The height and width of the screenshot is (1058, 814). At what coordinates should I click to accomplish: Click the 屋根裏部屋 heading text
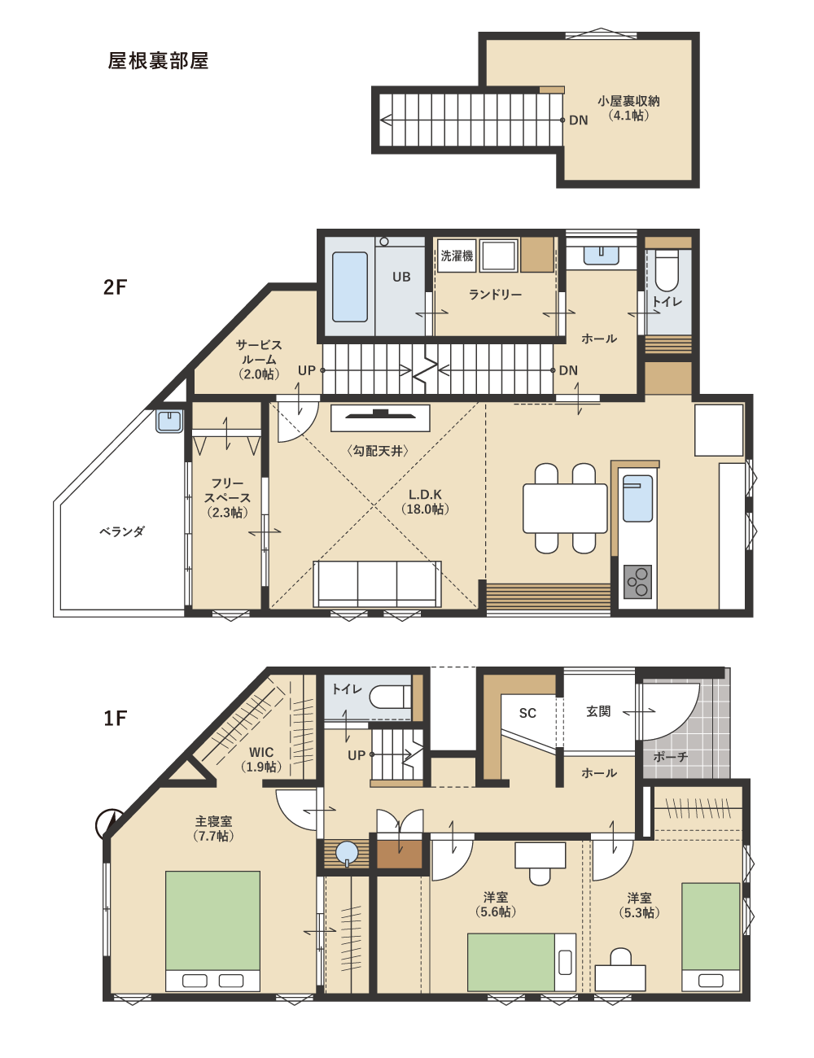[x=158, y=61]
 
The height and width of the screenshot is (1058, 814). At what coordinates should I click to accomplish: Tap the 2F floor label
[x=115, y=287]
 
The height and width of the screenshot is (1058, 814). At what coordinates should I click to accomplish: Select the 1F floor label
[x=116, y=718]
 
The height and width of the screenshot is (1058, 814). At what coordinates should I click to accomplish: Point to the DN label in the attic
[x=579, y=120]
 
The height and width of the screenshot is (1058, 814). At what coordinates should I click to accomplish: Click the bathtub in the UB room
[x=349, y=286]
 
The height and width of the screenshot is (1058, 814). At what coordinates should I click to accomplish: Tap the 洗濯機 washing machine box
[x=457, y=256]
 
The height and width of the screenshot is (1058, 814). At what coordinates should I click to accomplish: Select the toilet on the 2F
[x=667, y=270]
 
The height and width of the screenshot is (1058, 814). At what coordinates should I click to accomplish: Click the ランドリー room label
[x=495, y=295]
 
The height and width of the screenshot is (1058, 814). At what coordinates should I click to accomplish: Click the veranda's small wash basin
[x=169, y=421]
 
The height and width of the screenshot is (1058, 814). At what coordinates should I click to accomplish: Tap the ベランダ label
[x=122, y=531]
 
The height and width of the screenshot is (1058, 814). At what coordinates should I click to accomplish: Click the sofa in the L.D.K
[x=377, y=584]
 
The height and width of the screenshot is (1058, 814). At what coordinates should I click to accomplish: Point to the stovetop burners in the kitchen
[x=637, y=581]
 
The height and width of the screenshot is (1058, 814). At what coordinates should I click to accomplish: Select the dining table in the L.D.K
[x=565, y=509]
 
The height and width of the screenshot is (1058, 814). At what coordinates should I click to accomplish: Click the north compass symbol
[x=110, y=824]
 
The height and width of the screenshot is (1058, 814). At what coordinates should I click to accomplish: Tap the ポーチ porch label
[x=671, y=757]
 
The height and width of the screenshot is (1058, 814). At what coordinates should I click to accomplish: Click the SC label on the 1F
[x=527, y=713]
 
